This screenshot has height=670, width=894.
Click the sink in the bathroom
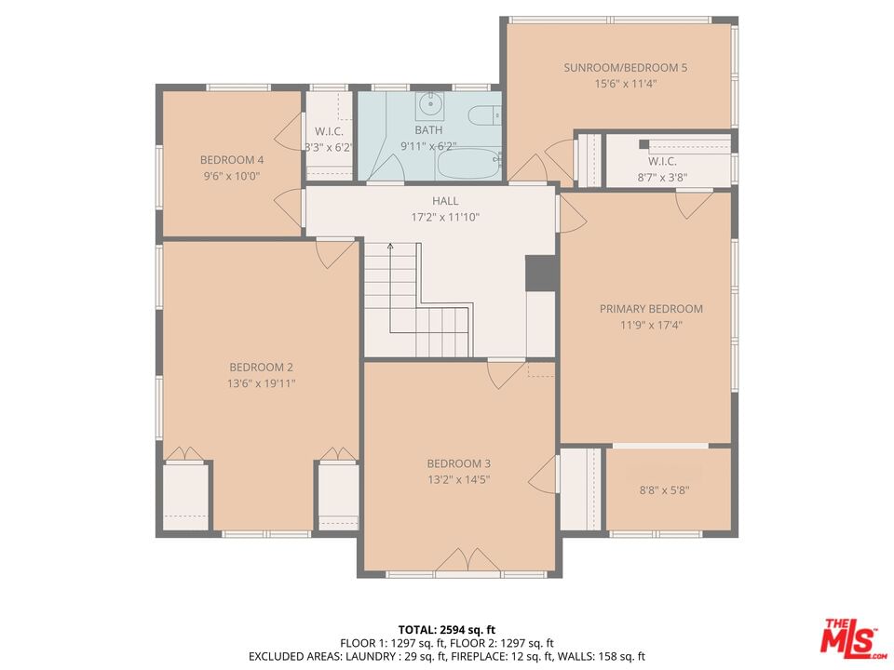click(x=429, y=105)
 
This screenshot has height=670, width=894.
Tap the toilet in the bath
click(x=484, y=115)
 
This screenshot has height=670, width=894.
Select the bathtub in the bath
click(x=468, y=164)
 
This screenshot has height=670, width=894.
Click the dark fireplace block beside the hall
click(x=540, y=274)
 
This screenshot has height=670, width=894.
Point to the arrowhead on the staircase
click(x=390, y=246)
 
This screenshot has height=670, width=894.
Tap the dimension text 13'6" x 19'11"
click(x=261, y=383)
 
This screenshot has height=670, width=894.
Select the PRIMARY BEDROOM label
click(x=651, y=309)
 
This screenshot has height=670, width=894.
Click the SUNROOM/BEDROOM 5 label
click(x=626, y=68)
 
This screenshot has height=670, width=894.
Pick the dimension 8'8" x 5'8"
click(x=664, y=490)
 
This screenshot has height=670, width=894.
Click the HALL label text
click(x=445, y=201)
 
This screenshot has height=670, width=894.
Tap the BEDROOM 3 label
click(x=458, y=463)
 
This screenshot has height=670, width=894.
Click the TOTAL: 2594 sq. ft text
click(x=446, y=630)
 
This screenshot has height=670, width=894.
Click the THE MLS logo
click(x=853, y=636)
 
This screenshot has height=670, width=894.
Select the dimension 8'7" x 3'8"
click(x=662, y=178)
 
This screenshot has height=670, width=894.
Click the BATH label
click(x=428, y=130)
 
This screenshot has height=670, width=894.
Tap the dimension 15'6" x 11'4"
click(x=626, y=84)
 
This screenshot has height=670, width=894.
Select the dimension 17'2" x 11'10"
click(x=445, y=217)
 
